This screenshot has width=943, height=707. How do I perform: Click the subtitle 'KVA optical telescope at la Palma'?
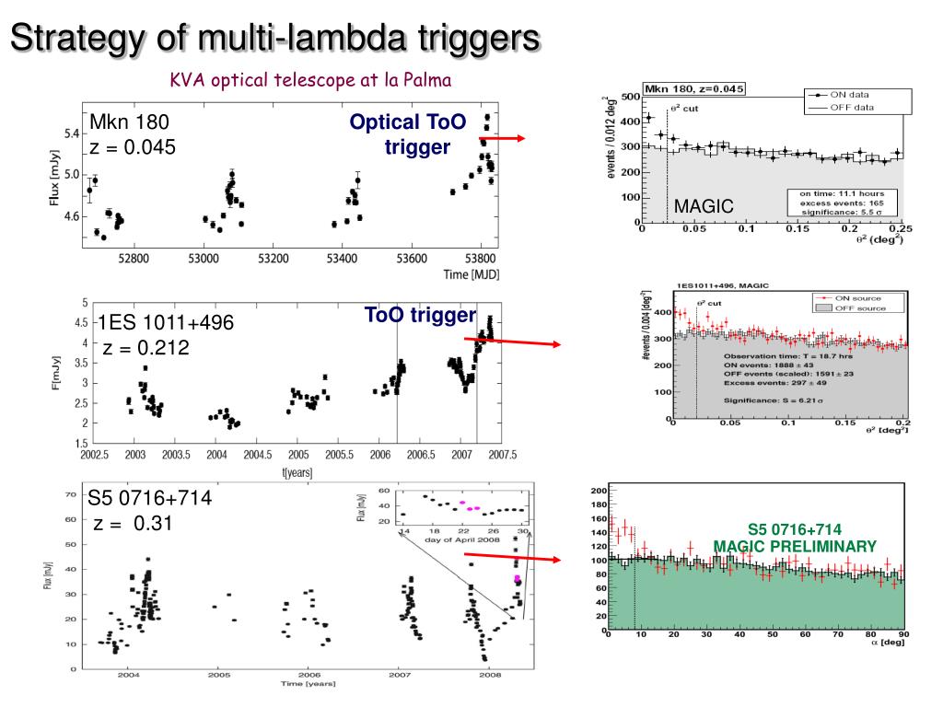click(x=310, y=80)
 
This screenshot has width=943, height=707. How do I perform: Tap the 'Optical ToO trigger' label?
click(x=408, y=134)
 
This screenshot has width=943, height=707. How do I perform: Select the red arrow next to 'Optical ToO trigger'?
click(x=502, y=139)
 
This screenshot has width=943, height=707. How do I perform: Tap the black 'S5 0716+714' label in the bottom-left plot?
click(x=150, y=498)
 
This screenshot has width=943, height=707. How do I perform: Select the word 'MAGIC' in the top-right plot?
click(x=704, y=206)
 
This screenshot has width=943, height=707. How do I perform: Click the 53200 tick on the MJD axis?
click(x=273, y=259)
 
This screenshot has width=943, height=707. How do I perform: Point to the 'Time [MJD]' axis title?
click(x=471, y=274)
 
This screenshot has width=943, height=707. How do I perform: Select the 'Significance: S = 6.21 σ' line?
click(x=773, y=400)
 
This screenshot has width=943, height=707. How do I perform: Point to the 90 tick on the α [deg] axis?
click(x=903, y=635)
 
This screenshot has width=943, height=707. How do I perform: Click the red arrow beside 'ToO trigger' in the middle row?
click(x=512, y=342)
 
